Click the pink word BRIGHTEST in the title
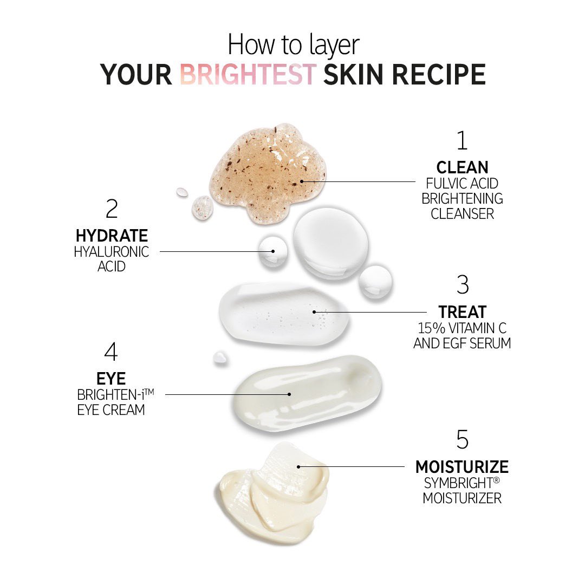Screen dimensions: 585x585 tap(248, 74)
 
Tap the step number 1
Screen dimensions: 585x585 tap(461, 140)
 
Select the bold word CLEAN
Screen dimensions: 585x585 tap(462, 167)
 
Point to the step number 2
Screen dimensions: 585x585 tap(112, 209)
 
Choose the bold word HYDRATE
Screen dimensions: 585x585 tap(112, 236)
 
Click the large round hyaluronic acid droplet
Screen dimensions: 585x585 tap(330, 239)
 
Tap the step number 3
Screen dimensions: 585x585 tap(462, 285)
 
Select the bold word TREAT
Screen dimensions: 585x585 tap(462, 312)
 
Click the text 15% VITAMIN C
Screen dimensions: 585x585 tap(462, 328)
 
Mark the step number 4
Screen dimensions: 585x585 tap(111, 352)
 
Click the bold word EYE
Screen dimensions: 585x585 tap(111, 379)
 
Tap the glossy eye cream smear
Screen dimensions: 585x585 tap(306, 393)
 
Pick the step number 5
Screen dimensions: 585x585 tap(462, 440)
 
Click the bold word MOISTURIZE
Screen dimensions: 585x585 tap(462, 466)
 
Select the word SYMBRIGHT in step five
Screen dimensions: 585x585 tap(458, 482)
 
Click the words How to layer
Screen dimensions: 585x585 tap(293, 44)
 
